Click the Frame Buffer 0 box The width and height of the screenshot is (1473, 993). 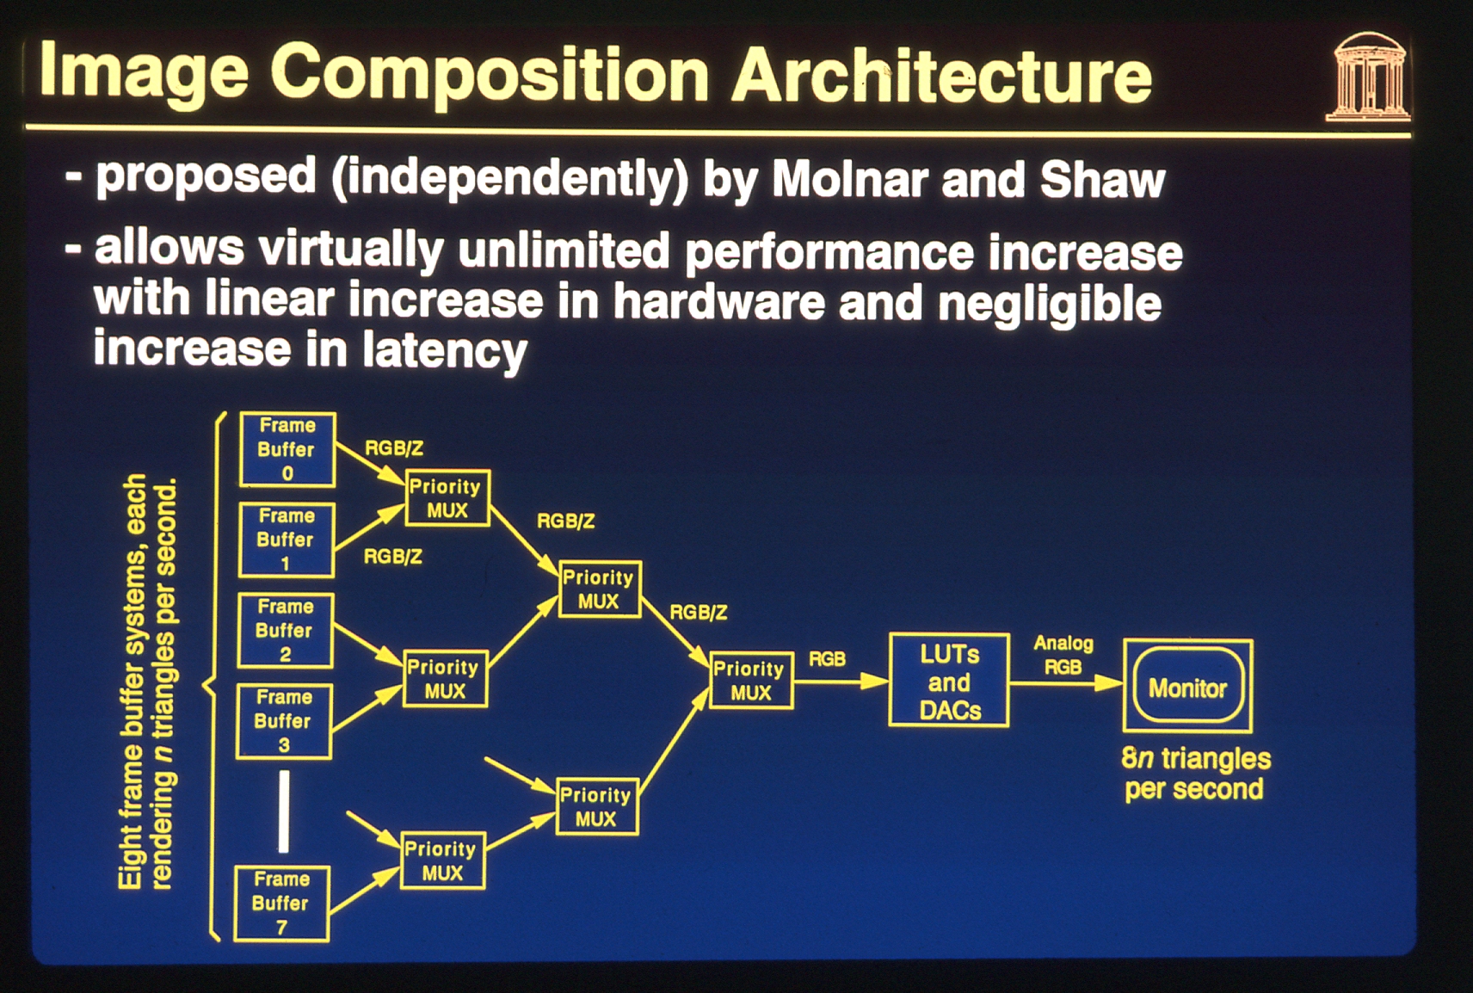click(x=287, y=450)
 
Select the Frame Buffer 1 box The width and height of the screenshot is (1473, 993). click(x=286, y=540)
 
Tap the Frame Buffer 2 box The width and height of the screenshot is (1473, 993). click(x=285, y=631)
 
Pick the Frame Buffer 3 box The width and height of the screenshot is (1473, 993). click(x=283, y=721)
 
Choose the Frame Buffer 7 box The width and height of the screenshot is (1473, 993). click(x=281, y=904)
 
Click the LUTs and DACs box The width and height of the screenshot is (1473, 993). click(x=949, y=680)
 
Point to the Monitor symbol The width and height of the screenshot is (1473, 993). click(x=1187, y=686)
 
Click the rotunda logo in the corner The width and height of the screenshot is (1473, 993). click(x=1367, y=77)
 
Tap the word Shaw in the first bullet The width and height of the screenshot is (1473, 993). click(x=1103, y=180)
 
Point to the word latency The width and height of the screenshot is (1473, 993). click(x=445, y=350)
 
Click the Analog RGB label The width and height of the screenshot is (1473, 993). click(x=1063, y=655)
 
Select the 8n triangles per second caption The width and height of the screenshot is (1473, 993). click(x=1195, y=774)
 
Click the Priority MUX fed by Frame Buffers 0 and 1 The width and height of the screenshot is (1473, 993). click(x=447, y=498)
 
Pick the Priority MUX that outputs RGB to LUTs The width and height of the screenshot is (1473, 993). click(x=750, y=680)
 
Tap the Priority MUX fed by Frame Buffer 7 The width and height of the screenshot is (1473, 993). click(x=442, y=860)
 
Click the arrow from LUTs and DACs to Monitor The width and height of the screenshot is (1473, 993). click(x=1066, y=684)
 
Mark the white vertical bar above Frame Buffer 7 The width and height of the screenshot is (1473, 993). click(x=283, y=812)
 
